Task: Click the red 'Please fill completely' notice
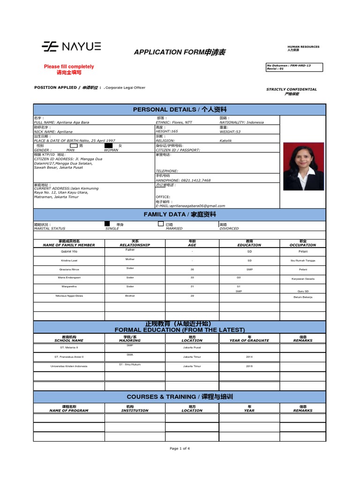coord(69,67)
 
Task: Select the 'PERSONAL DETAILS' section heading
coord(180,109)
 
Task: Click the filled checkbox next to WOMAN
coord(109,146)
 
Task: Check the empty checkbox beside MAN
coord(74,146)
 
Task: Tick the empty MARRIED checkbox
coord(161,225)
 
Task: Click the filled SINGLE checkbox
coord(107,225)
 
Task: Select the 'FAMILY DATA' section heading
coord(180,214)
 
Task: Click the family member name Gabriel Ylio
coord(68,252)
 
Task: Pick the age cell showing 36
coord(192,270)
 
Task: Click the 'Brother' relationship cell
coord(130,296)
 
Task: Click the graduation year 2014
coord(249,357)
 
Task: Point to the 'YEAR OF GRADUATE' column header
coord(249,340)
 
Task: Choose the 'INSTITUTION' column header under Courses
coord(135,410)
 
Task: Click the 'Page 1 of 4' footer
coord(180,449)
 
